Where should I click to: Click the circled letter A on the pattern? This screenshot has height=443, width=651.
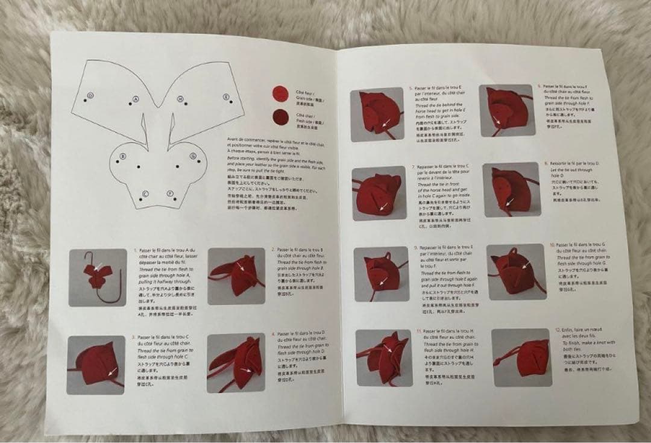coord(136,99)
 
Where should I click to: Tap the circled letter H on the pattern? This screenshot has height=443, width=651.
coord(180,98)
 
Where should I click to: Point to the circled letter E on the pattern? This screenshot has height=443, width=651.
coord(226,96)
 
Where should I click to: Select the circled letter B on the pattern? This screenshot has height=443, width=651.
coord(123,156)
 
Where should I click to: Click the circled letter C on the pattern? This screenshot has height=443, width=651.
coord(145,193)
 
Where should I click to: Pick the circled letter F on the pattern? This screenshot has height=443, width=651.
coord(171,193)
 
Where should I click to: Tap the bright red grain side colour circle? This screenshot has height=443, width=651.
coord(278,92)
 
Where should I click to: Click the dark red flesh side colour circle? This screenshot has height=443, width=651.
coord(280,116)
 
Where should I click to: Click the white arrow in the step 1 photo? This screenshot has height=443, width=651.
coord(98,265)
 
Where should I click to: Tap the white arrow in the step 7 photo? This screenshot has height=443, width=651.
coord(382,207)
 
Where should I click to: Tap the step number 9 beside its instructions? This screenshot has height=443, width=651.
coord(416,248)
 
